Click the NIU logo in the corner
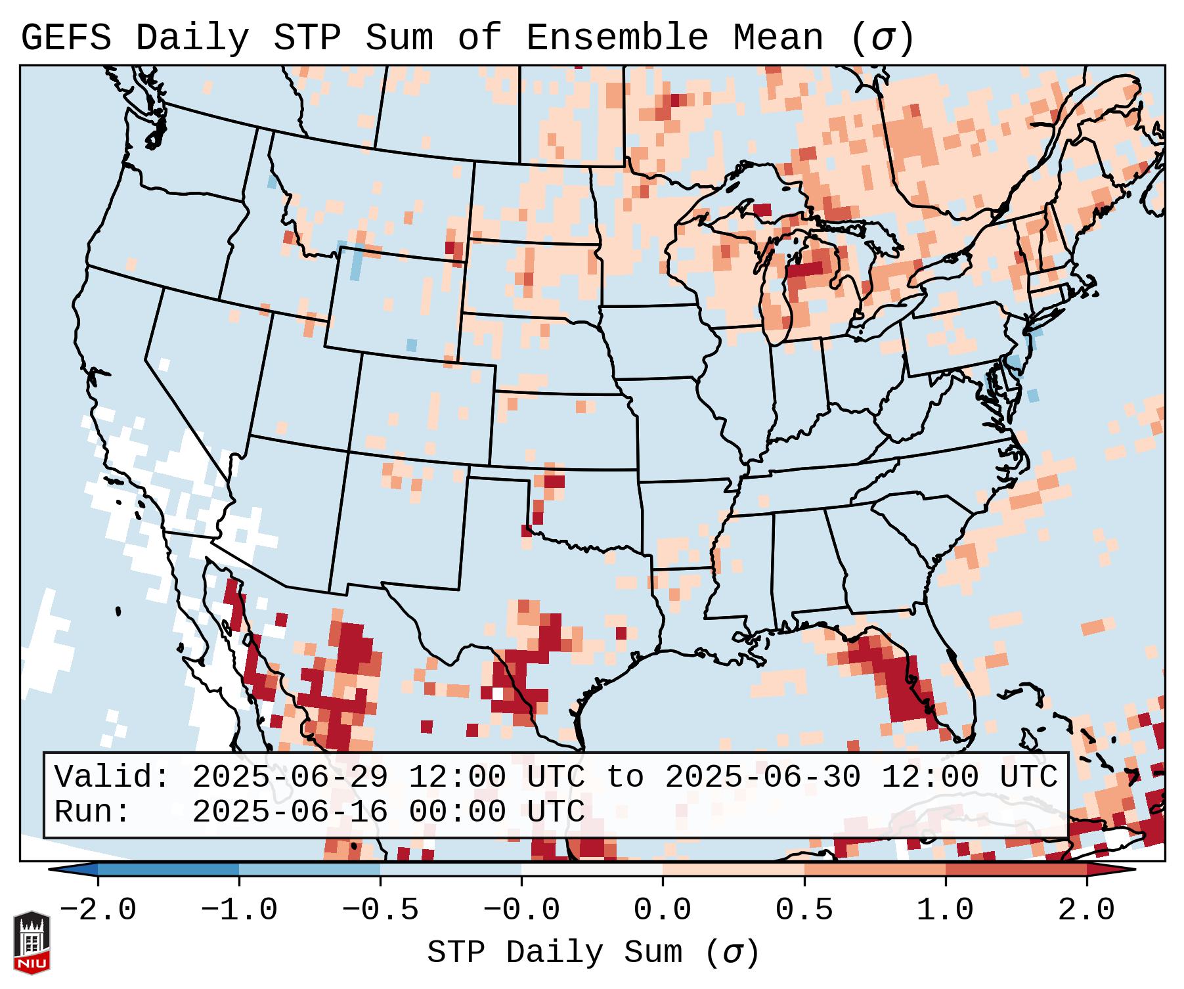32,942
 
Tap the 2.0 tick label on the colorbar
1086,910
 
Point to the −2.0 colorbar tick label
98,910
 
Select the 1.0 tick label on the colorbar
945,910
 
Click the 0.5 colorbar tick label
804,910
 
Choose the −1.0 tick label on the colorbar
239,910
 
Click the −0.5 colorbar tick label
380,910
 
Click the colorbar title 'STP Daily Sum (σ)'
593,953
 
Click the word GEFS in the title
66,38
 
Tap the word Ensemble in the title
617,38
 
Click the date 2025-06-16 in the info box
290,812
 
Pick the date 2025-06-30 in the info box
762,778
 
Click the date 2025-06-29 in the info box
290,778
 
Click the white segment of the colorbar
592,869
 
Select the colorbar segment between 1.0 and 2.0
1015,869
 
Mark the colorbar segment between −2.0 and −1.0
168,869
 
